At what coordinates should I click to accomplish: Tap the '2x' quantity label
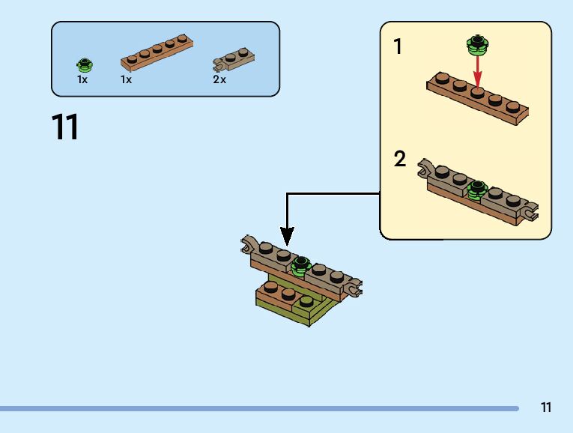219,79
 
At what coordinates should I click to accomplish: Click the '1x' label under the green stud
82,79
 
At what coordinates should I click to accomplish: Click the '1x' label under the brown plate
126,79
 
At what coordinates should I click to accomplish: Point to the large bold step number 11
65,127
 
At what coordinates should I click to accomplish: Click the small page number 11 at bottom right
546,408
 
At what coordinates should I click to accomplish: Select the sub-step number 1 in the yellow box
398,47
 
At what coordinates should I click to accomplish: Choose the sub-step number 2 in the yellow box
400,159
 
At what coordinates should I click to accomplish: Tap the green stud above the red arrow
476,44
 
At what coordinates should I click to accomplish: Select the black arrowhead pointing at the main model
286,236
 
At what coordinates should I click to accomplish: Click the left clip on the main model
249,243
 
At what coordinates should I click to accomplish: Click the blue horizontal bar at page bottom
258,409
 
